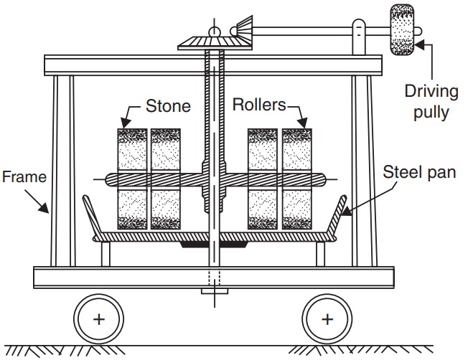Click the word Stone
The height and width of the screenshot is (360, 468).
click(169, 106)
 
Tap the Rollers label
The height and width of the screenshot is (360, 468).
click(258, 105)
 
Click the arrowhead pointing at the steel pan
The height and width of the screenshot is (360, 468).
click(344, 211)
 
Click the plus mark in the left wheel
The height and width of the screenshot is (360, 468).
click(98, 317)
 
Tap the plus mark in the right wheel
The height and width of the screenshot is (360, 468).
click(327, 317)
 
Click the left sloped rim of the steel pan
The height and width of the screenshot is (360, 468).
click(92, 214)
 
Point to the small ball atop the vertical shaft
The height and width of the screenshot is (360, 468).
click(213, 31)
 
